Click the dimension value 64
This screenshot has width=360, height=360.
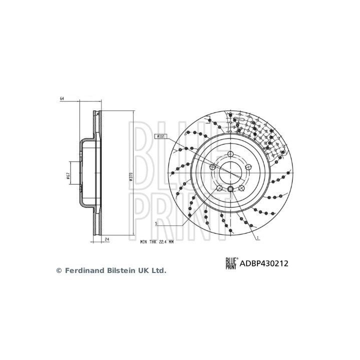click(x=62, y=99)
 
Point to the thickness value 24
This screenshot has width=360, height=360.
click(x=107, y=240)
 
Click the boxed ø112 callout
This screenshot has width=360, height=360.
click(x=161, y=136)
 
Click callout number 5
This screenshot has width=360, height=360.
click(x=157, y=223)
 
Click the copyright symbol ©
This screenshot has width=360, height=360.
click(x=58, y=270)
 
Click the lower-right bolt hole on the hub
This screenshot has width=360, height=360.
click(x=241, y=188)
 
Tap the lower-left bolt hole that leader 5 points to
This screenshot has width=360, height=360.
click(x=218, y=188)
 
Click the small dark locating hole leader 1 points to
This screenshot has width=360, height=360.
click(x=230, y=189)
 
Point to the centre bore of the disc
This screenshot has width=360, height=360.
click(x=230, y=172)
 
